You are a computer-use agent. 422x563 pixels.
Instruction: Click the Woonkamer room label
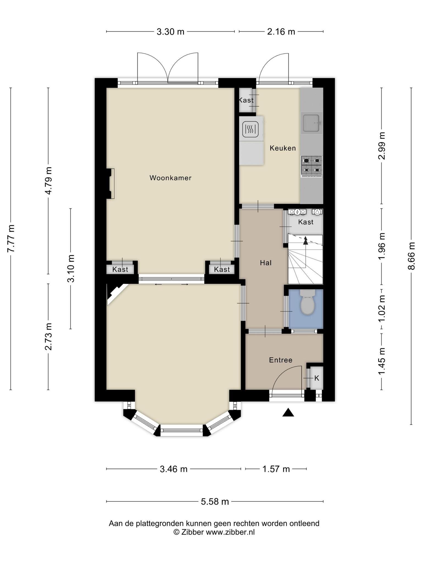(170, 178)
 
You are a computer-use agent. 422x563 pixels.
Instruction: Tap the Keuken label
(283, 148)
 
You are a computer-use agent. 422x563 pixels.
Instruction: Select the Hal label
(266, 263)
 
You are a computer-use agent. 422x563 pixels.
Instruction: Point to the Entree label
(281, 360)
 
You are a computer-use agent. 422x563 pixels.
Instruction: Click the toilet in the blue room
(307, 302)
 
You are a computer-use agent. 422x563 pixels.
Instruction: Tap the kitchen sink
(312, 123)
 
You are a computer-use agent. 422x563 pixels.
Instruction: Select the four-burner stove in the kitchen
(312, 166)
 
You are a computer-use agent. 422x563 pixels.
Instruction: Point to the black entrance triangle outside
(288, 412)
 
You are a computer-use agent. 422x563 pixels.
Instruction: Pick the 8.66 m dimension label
(411, 256)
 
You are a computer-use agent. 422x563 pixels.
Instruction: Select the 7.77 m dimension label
(11, 239)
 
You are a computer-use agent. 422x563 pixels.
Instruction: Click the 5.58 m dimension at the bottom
(215, 502)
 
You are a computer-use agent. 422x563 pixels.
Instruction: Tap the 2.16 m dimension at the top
(281, 32)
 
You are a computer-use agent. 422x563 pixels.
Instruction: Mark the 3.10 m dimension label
(71, 268)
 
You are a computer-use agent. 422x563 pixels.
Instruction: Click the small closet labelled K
(316, 378)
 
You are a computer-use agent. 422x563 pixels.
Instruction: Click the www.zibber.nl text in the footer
(230, 532)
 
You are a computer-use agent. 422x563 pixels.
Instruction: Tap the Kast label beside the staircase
(306, 222)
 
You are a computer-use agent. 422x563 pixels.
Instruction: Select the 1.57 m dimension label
(276, 469)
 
